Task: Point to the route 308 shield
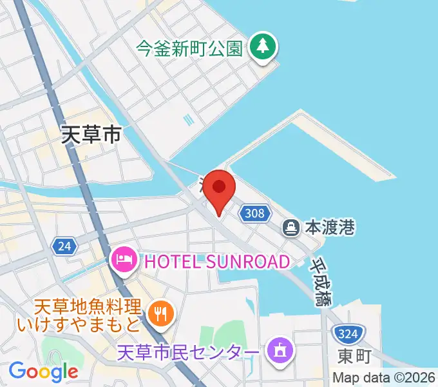(255, 213)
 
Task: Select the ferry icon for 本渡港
(291, 227)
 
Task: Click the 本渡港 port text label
(330, 228)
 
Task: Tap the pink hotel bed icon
(123, 261)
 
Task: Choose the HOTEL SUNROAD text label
(217, 261)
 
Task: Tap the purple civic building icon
(281, 352)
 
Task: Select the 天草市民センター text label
(189, 352)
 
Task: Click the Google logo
(43, 372)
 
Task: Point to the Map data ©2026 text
(384, 377)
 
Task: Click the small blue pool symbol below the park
(187, 119)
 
